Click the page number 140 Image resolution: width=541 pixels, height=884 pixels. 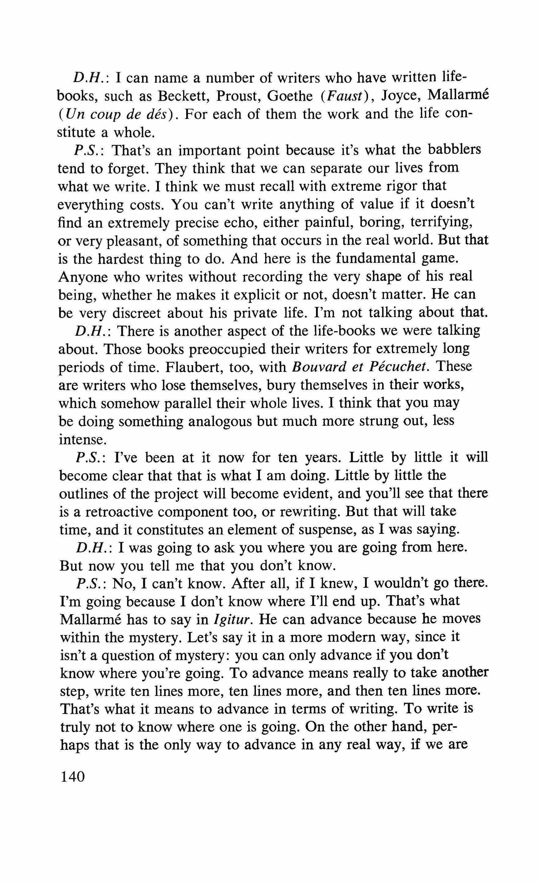pos(73,777)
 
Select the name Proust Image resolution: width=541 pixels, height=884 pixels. pos(238,96)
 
